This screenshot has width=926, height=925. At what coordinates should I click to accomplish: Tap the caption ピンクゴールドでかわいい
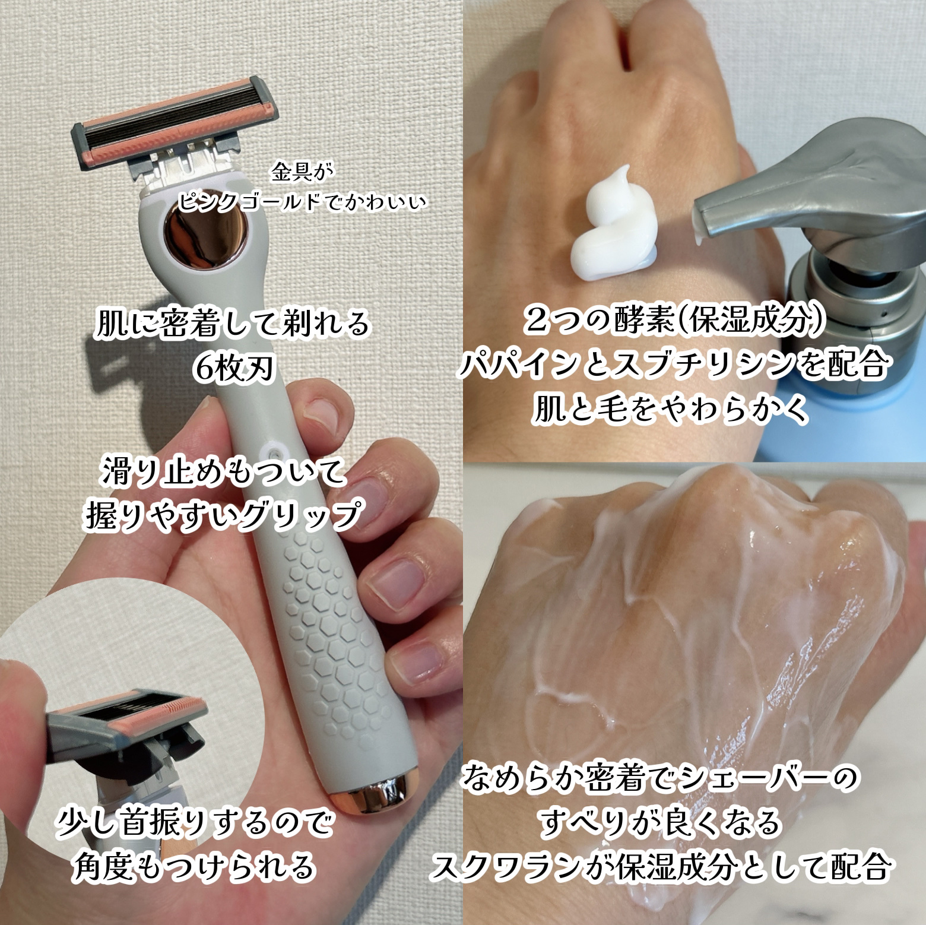(302, 202)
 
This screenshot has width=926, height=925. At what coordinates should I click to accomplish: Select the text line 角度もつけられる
(194, 866)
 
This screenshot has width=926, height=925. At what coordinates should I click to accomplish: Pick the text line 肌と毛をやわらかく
(671, 408)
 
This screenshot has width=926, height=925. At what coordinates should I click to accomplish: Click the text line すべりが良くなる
(659, 822)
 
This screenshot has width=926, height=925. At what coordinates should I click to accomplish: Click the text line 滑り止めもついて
(224, 473)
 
